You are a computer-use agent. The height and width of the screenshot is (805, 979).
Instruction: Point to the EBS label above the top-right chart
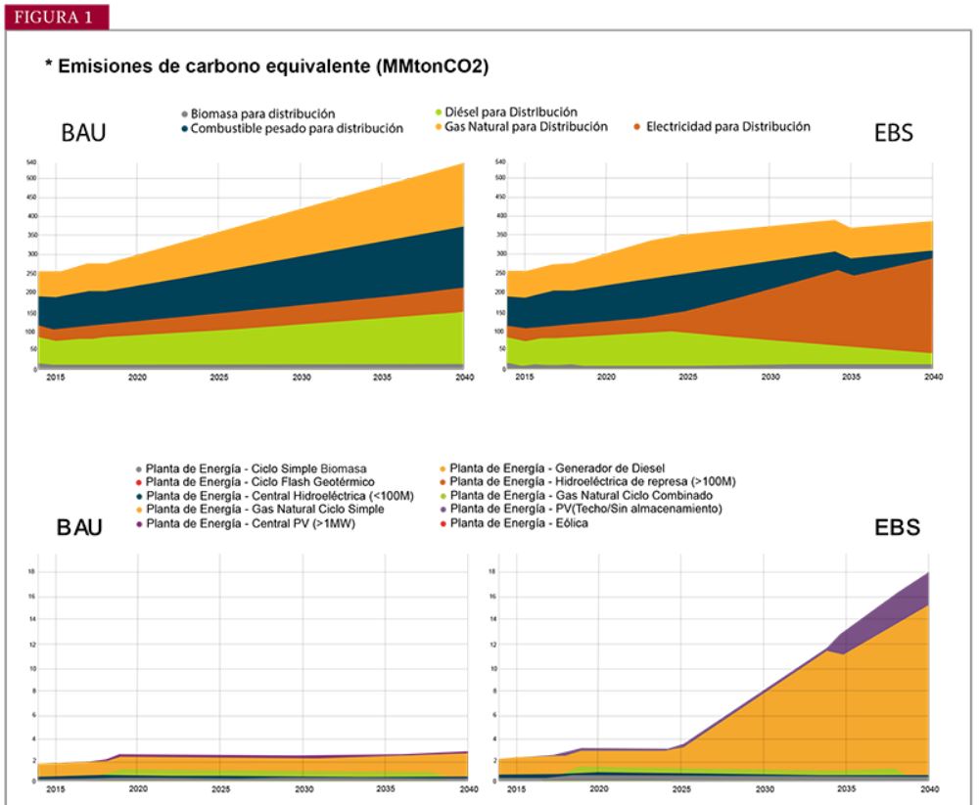tap(893, 134)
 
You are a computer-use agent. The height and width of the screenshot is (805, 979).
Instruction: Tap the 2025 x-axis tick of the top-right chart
tap(689, 376)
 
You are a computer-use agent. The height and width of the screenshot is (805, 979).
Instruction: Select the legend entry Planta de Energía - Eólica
tap(527, 525)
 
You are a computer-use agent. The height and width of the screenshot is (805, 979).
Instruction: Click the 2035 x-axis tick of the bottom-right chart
tap(849, 788)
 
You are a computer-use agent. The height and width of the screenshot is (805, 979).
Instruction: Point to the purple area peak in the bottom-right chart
tap(926, 575)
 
